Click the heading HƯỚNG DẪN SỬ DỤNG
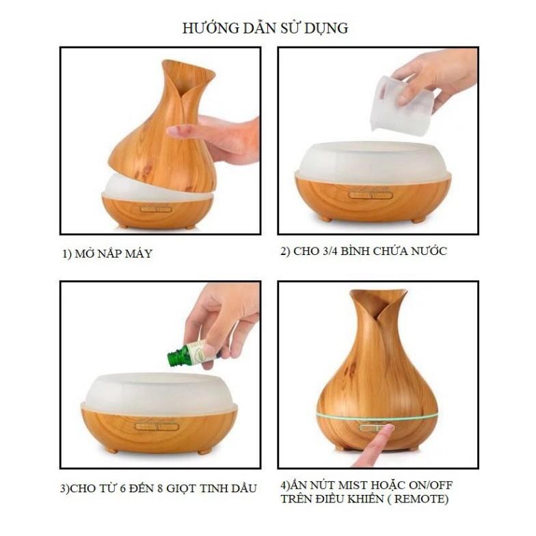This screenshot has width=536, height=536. point(265,27)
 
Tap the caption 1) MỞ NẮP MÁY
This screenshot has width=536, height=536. point(107,254)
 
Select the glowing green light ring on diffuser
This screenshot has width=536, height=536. point(377,416)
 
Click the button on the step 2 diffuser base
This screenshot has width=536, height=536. point(371,196)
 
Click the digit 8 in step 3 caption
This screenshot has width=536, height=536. point(160,488)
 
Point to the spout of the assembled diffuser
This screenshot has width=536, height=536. point(379,301)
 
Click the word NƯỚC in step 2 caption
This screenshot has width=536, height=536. point(429,251)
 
